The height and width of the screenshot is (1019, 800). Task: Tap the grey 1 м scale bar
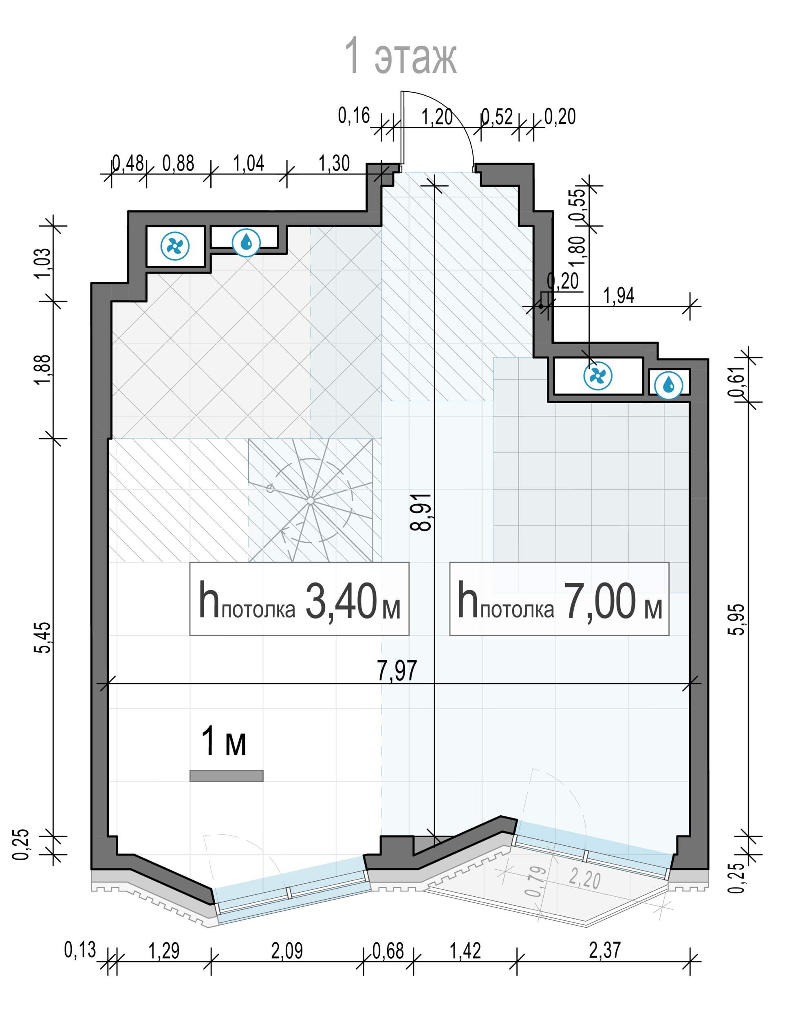(226, 776)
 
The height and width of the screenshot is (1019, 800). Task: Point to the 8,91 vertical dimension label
(420, 512)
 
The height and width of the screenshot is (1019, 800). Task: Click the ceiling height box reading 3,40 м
(299, 599)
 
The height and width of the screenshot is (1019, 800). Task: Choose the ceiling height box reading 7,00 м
(559, 599)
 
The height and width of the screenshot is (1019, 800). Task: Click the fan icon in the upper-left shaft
(175, 245)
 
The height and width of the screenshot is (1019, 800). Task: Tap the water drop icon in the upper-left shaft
(247, 243)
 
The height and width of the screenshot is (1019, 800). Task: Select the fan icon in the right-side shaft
(598, 376)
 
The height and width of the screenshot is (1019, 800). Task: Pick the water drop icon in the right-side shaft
(669, 385)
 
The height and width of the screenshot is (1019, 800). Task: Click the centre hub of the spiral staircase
(310, 501)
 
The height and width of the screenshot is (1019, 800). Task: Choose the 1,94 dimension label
(618, 296)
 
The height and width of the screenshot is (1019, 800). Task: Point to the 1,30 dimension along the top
(334, 163)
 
